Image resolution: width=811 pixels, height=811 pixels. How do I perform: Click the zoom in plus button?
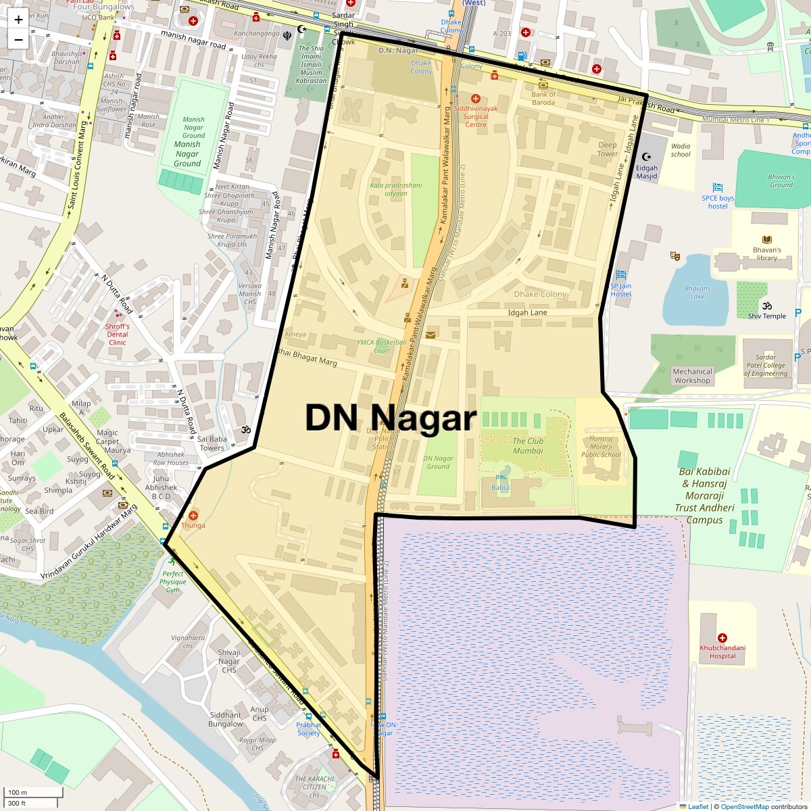(x=18, y=20)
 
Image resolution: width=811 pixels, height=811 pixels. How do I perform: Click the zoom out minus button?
(x=18, y=39)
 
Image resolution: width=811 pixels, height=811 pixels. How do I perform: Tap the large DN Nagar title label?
(x=391, y=418)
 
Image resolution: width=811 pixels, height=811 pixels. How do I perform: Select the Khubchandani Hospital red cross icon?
(x=722, y=637)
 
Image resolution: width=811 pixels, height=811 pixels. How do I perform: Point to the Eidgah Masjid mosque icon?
(x=646, y=157)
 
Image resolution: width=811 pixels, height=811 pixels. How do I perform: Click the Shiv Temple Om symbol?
(x=766, y=305)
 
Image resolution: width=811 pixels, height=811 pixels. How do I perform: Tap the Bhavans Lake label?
(x=697, y=293)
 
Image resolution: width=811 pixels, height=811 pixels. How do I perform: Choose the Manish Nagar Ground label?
(x=187, y=153)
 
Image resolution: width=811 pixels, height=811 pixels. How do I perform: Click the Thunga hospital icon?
(x=193, y=516)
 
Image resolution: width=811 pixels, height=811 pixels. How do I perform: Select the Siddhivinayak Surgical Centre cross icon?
(x=475, y=99)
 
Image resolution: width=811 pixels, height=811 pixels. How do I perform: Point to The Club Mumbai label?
(x=528, y=445)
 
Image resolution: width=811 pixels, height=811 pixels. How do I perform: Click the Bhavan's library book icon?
(x=766, y=240)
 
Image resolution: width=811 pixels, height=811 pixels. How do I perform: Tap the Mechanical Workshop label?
(x=692, y=376)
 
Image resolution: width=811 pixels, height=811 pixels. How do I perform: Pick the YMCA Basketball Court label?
(x=382, y=346)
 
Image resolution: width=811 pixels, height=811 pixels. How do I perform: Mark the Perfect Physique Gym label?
(x=173, y=581)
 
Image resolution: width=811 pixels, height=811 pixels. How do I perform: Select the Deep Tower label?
(x=607, y=149)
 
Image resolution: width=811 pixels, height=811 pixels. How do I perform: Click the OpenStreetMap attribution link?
(x=744, y=806)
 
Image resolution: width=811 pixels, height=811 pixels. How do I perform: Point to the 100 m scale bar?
(x=34, y=792)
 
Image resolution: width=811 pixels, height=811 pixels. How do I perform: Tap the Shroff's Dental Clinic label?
(x=117, y=334)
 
